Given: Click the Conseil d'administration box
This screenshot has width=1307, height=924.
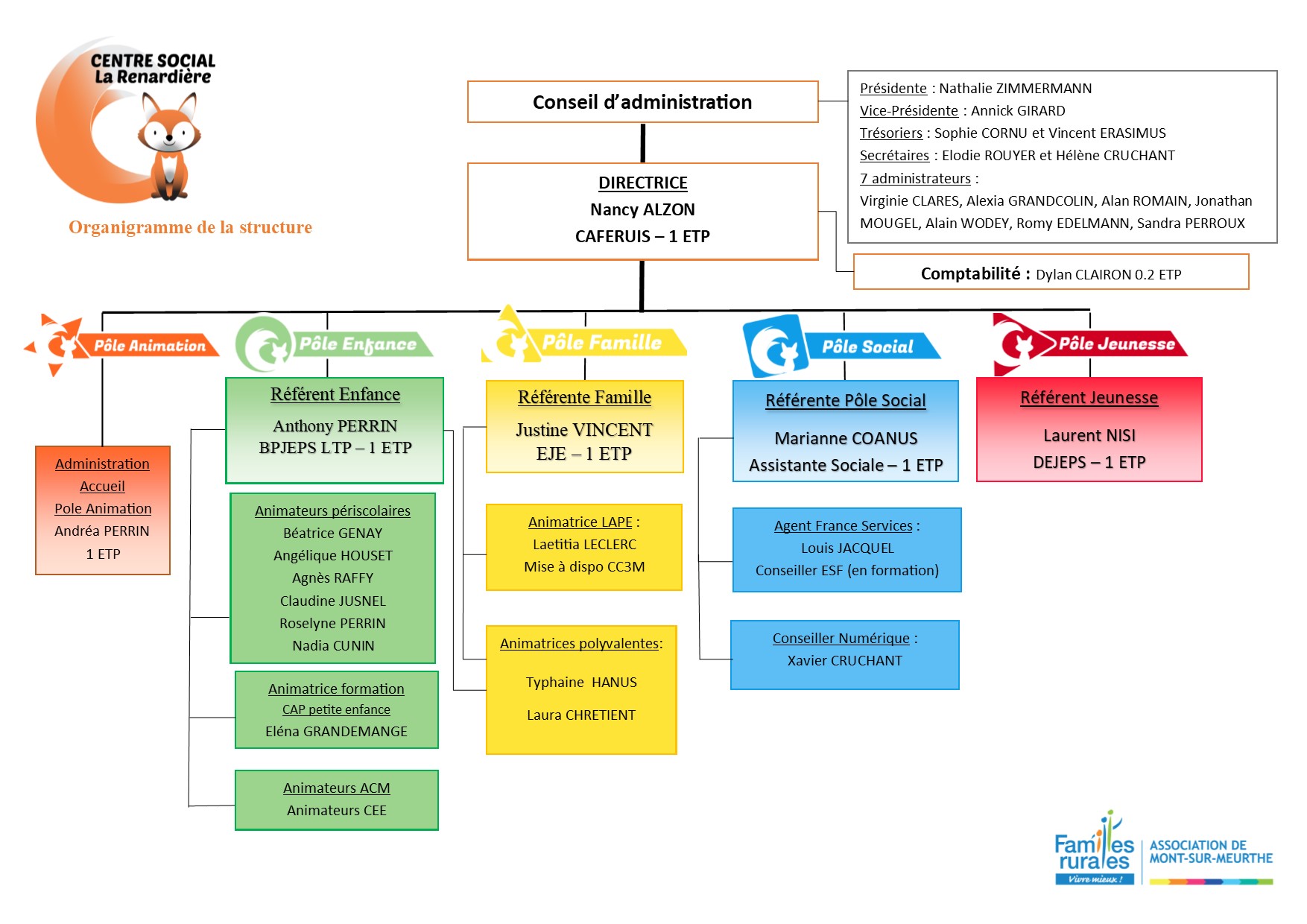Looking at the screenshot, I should tap(642, 102).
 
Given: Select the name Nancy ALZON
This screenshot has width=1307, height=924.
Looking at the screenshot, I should tap(642, 209).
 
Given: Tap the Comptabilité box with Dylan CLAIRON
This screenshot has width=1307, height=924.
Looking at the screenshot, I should tap(1051, 273).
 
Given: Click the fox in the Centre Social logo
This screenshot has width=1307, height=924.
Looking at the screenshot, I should tap(170, 145).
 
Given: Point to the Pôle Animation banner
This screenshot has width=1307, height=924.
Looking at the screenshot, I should tap(149, 346).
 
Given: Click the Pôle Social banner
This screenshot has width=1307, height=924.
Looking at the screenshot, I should tap(867, 346).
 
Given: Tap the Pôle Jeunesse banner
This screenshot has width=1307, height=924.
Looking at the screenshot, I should tap(1115, 344).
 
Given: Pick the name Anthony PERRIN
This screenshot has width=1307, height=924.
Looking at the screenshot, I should tap(335, 425).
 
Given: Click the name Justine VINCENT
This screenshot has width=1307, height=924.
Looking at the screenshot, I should tap(584, 430).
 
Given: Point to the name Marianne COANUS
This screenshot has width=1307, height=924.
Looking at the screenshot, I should tap(846, 438).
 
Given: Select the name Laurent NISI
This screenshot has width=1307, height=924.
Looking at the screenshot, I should tap(1089, 435).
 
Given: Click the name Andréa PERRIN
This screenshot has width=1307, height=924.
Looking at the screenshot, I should tap(102, 531).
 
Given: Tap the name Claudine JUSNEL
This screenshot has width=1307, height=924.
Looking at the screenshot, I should tap(332, 601).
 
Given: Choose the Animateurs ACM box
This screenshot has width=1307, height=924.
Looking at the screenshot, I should tap(336, 800).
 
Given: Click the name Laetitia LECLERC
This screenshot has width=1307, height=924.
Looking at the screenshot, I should tap(584, 545).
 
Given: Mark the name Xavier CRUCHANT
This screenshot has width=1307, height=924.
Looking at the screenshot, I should tap(844, 661).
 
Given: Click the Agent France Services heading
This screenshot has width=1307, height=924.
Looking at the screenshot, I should tap(843, 526).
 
